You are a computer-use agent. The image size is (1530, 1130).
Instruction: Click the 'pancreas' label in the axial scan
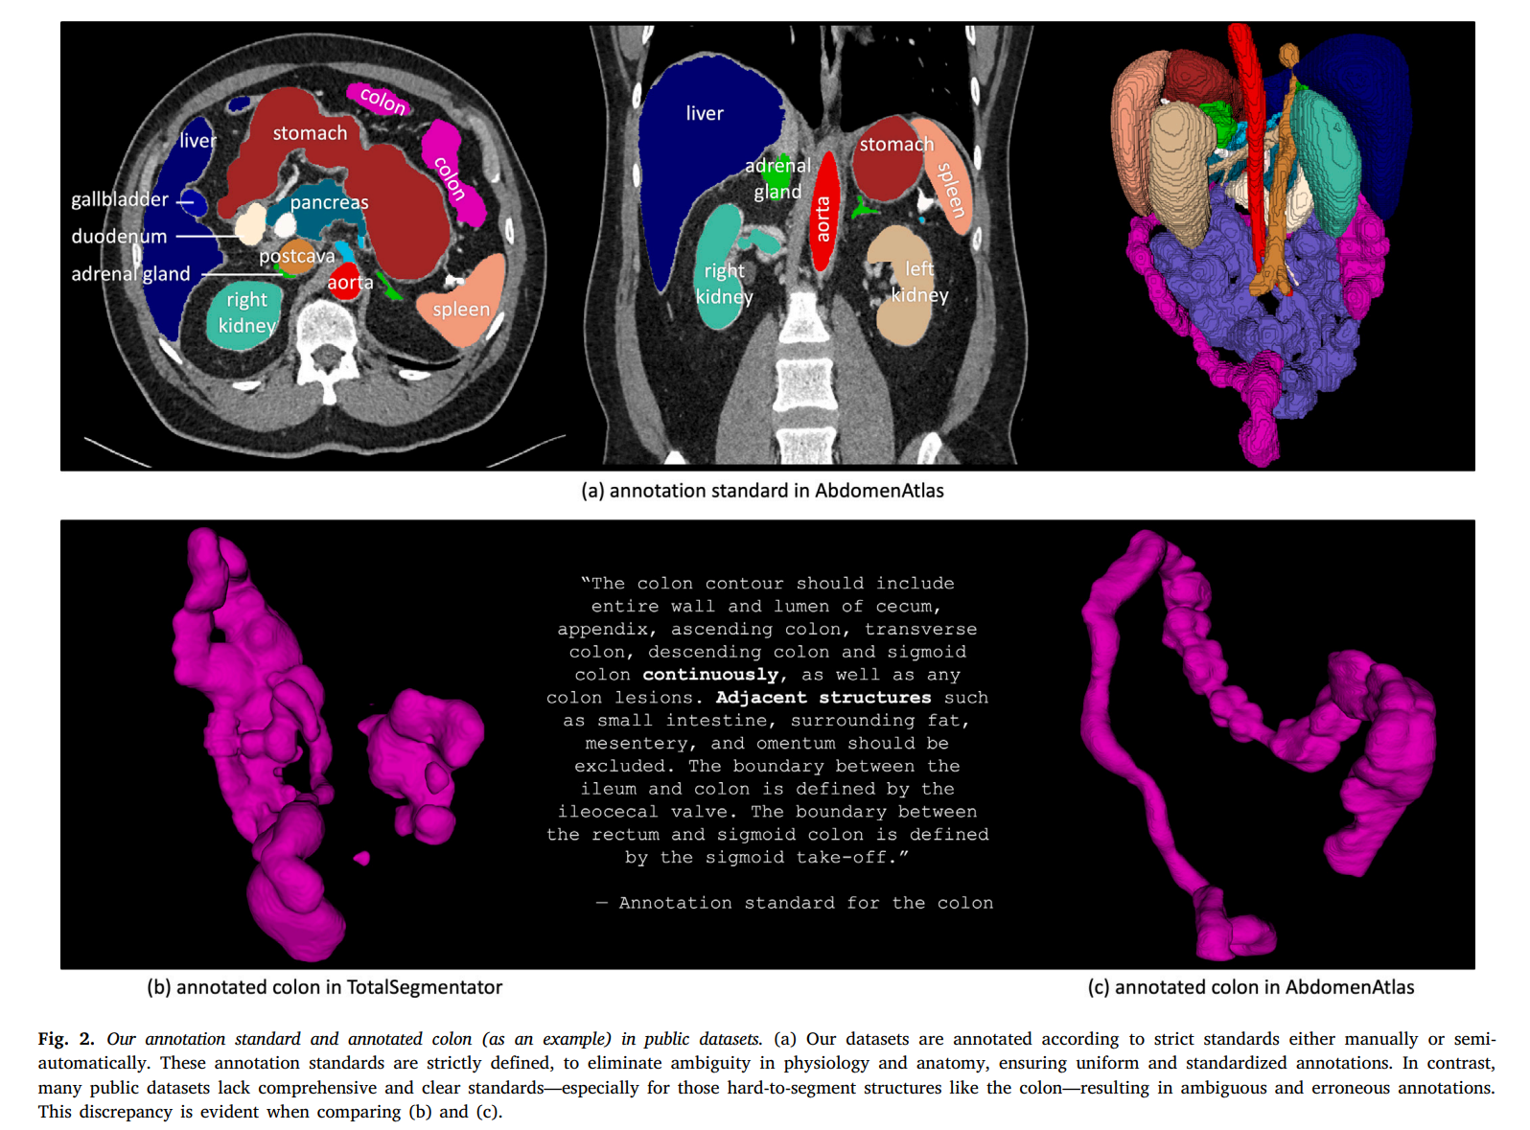point(329,202)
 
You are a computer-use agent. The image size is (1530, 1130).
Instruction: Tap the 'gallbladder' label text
point(120,199)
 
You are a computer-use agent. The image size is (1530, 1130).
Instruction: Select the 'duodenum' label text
point(119,237)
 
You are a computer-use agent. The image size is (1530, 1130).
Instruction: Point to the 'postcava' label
point(297,256)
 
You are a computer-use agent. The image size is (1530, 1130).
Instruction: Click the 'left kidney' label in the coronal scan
point(919,282)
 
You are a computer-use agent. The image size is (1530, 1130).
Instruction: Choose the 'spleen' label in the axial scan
point(461,309)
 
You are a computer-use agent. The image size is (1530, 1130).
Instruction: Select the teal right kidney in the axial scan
point(244,314)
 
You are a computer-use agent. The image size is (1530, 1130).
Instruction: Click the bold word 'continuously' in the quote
point(710,675)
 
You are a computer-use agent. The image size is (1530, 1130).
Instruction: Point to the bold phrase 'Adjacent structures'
point(823,698)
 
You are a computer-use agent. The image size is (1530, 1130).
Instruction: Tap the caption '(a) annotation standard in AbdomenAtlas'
point(762,491)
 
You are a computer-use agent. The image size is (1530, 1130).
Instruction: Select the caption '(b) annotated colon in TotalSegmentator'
point(324,987)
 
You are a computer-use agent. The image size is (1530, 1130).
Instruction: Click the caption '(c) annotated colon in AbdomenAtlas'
point(1250,987)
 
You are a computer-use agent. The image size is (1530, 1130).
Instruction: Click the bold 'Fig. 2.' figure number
point(66,1039)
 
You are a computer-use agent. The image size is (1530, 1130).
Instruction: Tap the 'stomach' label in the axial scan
point(310,133)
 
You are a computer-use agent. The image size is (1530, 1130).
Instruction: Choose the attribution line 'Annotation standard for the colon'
point(805,903)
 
